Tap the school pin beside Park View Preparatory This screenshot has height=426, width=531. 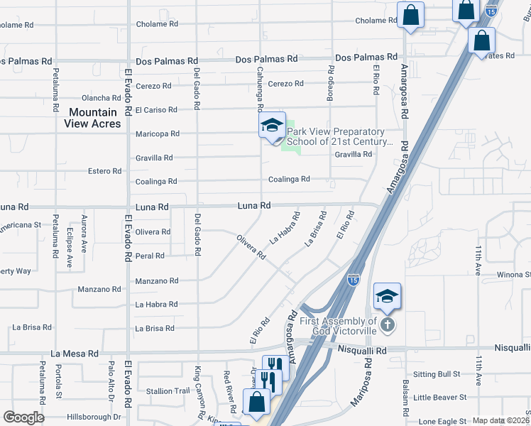[271, 126]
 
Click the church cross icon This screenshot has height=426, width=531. [386, 326]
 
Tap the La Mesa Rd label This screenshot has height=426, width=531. [74, 353]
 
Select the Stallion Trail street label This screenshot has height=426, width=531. [168, 390]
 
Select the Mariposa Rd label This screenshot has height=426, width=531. [362, 384]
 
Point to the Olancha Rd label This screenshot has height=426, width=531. [102, 98]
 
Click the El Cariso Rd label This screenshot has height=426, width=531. [155, 110]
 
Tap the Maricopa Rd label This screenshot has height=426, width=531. [157, 133]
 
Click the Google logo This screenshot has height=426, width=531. [24, 417]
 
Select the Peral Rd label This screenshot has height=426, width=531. [150, 256]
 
